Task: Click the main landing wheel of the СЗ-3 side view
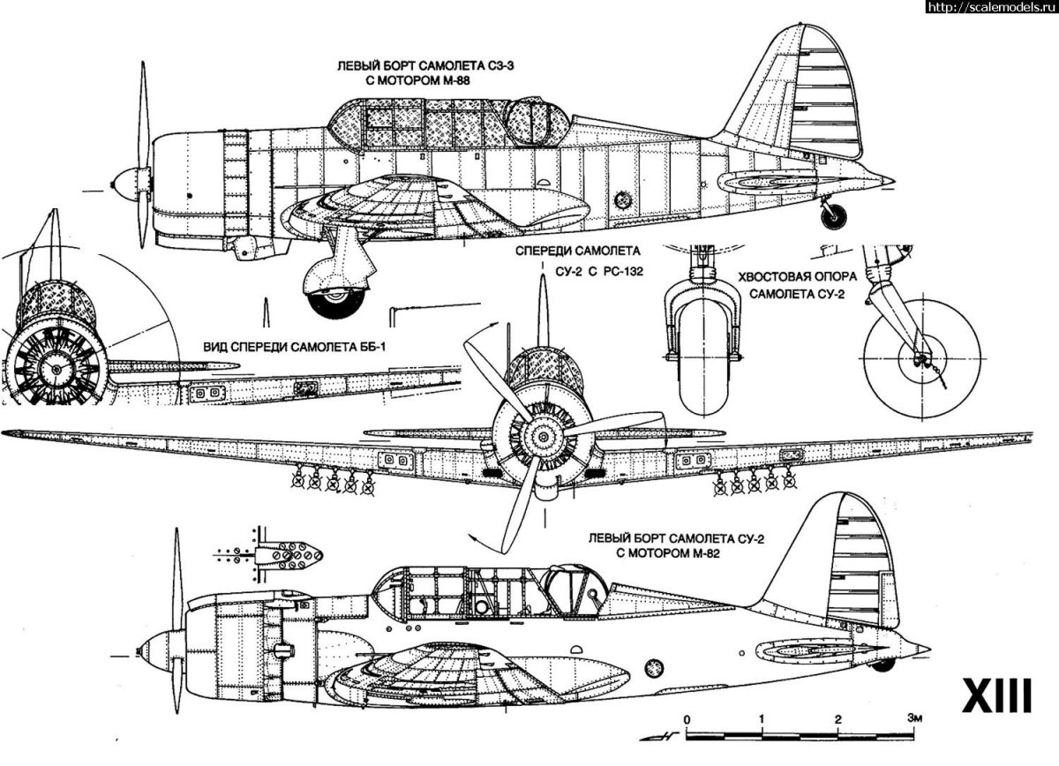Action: click(336, 300)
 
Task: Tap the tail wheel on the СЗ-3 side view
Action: click(833, 213)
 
